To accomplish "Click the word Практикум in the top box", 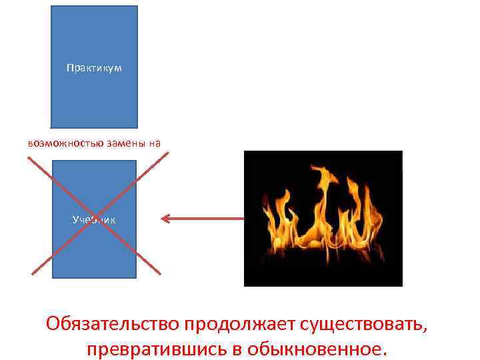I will click(x=94, y=68).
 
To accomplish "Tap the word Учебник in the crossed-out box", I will click(x=94, y=219).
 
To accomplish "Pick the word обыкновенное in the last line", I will click(x=316, y=349).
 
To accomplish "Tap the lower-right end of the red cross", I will click(x=160, y=273).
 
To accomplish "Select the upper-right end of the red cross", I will click(x=168, y=153).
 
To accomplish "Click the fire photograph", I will click(x=323, y=218).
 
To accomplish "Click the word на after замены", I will click(x=155, y=142).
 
